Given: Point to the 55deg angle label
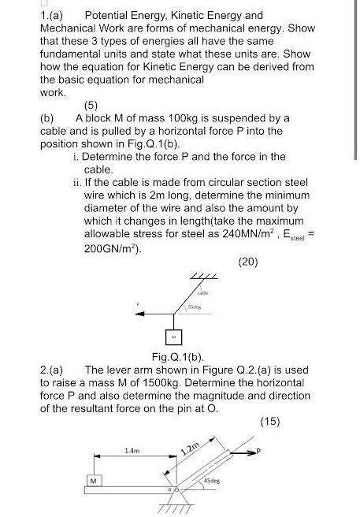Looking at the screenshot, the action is point(193,307).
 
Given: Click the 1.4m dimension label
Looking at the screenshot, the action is point(132,451).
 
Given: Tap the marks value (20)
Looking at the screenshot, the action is point(249,262).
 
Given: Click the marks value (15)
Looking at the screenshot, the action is point(269,422).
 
